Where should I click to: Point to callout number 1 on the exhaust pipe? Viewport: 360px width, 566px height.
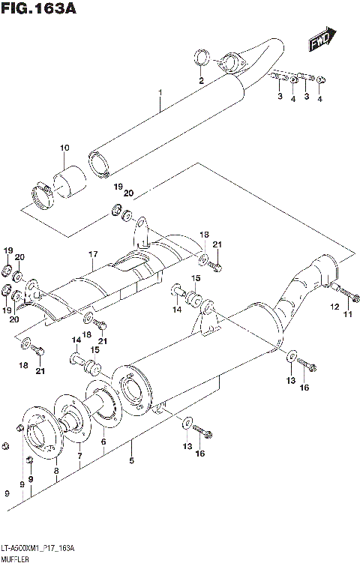click(x=160, y=94)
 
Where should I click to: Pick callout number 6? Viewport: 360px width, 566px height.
click(x=103, y=443)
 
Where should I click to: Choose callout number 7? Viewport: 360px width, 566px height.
click(x=79, y=455)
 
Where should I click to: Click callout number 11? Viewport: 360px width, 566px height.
click(x=347, y=313)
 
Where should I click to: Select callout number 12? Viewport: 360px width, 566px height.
click(x=334, y=306)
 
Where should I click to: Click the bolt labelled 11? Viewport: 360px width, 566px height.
click(x=343, y=290)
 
